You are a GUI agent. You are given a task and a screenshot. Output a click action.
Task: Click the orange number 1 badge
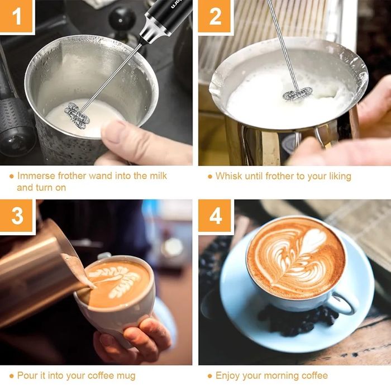coord(16,16)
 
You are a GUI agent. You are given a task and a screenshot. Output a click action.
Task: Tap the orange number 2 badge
coord(215,16)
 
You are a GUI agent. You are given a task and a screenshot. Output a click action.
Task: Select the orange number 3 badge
coord(16,216)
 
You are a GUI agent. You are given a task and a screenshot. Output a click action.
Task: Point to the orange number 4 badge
coord(215,216)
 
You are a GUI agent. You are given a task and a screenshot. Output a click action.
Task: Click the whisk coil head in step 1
coord(77,116)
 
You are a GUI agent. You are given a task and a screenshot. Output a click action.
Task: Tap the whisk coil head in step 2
coord(298,93)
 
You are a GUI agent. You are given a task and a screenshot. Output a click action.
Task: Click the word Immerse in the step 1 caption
coord(36,176)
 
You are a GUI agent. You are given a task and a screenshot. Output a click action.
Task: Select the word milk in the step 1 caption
coord(158,176)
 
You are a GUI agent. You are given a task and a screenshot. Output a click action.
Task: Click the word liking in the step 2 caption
coord(340,177)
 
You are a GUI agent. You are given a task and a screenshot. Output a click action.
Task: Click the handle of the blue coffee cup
coord(344,303)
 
